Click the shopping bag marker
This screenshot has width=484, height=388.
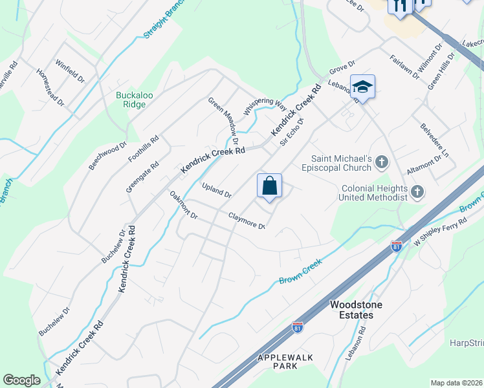click(270, 186)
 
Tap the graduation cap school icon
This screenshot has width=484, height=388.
click(362, 87)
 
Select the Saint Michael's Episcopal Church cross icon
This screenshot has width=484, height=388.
click(382, 162)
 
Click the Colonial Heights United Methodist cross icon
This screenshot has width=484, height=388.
click(417, 191)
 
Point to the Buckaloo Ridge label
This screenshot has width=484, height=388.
click(134, 100)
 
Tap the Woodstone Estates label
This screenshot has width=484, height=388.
click(351, 310)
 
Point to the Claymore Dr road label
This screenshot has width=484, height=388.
click(247, 221)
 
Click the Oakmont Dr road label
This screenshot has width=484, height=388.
click(183, 206)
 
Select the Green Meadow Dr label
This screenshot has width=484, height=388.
click(224, 121)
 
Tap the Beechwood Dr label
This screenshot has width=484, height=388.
click(108, 155)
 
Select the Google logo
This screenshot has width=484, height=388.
click(21, 380)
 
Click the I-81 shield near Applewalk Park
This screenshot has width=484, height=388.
click(298, 328)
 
